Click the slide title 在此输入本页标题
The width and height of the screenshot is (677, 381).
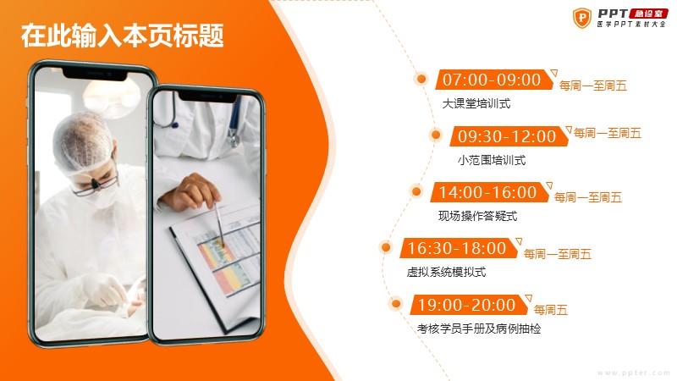(x=122, y=36)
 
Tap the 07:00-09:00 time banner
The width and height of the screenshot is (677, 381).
(x=494, y=80)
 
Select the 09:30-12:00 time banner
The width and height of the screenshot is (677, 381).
(x=509, y=136)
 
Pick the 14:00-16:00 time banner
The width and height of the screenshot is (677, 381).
(x=490, y=192)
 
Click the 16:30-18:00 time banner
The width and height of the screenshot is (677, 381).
(x=459, y=248)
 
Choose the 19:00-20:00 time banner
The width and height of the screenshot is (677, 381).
(x=469, y=305)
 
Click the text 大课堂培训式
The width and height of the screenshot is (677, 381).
(x=476, y=103)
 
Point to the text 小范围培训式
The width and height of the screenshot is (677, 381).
(x=492, y=160)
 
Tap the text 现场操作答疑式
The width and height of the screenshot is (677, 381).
(x=477, y=216)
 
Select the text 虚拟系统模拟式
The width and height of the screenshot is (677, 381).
(x=447, y=272)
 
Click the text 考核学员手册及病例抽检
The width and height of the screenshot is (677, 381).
(x=479, y=329)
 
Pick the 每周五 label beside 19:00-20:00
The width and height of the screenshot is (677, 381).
(x=551, y=310)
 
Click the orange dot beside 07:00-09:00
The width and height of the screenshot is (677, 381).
(x=421, y=79)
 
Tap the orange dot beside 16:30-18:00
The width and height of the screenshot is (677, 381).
(x=386, y=247)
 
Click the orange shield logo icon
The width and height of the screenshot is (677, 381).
(x=582, y=18)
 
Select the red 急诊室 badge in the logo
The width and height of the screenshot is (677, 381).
(x=648, y=14)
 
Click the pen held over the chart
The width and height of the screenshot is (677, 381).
(x=220, y=224)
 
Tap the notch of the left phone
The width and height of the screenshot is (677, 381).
(x=96, y=75)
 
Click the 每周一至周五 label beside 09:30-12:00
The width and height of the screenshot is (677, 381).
(x=608, y=134)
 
